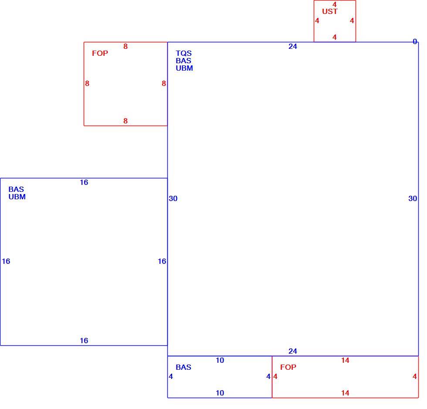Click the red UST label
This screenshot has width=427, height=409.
point(329,11)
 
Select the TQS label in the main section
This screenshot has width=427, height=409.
point(183,53)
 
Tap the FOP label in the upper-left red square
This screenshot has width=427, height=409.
point(100,53)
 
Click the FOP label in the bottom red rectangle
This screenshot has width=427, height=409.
point(288,367)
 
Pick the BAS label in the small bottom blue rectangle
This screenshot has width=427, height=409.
point(183,367)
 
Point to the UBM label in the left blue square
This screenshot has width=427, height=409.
point(17,197)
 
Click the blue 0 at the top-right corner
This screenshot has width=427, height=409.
point(415,41)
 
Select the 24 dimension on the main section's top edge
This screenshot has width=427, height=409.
point(293,46)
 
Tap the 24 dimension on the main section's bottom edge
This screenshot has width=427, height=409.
point(293,351)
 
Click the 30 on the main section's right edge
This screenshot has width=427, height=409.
point(413,198)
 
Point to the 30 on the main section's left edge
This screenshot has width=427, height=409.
point(173,198)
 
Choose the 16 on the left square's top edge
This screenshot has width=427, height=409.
point(84,182)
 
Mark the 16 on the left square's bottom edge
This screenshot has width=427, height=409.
point(84,341)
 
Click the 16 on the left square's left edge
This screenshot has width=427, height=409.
point(6,261)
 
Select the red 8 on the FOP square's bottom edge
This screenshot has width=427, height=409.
point(125,121)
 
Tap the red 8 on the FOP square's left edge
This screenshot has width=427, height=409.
point(87,83)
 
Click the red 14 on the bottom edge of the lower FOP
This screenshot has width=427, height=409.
point(345,393)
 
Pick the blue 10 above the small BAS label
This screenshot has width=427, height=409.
point(220,360)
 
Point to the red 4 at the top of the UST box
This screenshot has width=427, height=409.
point(335,4)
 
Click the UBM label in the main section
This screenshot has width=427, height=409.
point(184,68)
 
